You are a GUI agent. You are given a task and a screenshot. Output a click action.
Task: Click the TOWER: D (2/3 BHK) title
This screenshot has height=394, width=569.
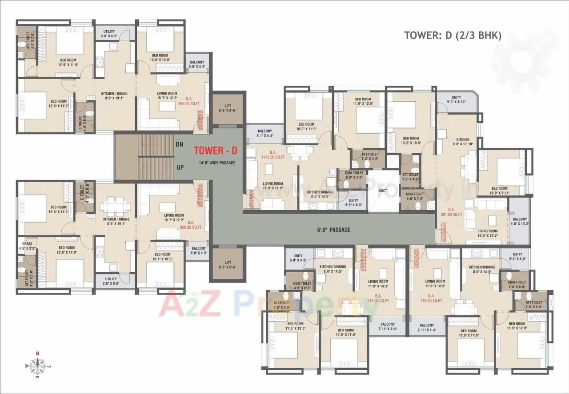tap(453, 36)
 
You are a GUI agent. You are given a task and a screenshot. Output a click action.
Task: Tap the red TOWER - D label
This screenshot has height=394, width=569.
tap(216, 151)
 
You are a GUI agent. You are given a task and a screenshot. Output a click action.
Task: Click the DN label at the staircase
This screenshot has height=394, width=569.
tap(180, 144)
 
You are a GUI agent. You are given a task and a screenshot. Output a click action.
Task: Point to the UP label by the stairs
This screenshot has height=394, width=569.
tap(180, 167)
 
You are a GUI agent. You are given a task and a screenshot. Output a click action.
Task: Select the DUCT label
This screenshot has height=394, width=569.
tap(383, 191)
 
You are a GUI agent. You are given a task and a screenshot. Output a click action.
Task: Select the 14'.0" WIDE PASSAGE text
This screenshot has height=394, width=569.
tap(217, 163)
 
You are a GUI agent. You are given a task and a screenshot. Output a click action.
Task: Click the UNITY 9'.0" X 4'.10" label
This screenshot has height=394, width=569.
tap(456, 99)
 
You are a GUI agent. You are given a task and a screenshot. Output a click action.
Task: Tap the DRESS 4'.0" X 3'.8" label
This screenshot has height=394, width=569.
tap(27, 246)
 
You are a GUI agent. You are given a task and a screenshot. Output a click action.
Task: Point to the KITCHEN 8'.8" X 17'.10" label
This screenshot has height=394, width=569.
tap(463, 142)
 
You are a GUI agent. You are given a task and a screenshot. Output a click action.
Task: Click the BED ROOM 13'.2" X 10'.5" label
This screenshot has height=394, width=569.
tap(410, 140)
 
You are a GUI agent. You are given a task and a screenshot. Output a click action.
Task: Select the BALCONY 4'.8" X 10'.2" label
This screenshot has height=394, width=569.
tap(519, 222)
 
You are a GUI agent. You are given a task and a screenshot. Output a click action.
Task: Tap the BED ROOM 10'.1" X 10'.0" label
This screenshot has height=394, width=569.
tap(162, 257)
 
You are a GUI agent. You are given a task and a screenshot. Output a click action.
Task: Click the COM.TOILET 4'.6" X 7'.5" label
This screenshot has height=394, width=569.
tap(415, 196)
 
